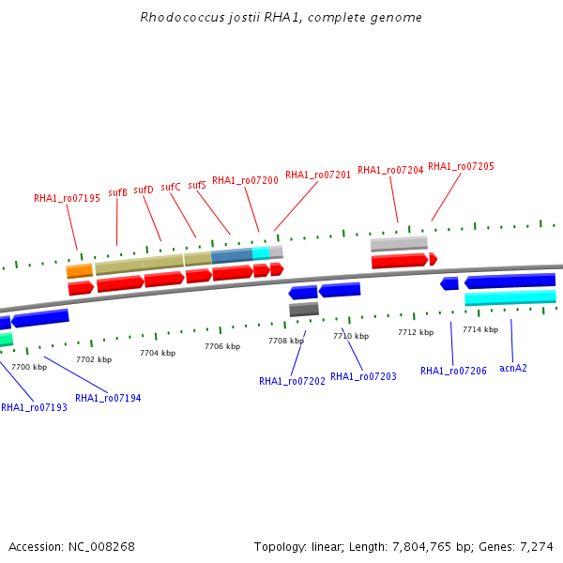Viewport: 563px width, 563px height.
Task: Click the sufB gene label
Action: (118, 192)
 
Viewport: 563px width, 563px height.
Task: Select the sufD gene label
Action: (144, 190)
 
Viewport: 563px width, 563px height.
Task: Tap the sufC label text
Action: (171, 187)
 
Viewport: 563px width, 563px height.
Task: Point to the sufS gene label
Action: (197, 185)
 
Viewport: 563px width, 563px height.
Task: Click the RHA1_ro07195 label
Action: (67, 199)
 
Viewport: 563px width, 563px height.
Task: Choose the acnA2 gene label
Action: (513, 368)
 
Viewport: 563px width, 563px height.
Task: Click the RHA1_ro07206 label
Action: (453, 371)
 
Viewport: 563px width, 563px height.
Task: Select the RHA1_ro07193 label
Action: (34, 407)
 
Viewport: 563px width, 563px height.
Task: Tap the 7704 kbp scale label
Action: (158, 354)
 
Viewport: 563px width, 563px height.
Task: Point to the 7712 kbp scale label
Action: (416, 332)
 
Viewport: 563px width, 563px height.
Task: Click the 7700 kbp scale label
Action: (29, 367)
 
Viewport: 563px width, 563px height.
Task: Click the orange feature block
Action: (80, 271)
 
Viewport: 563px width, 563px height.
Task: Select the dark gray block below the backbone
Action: (304, 310)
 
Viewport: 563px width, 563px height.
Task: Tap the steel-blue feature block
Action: (232, 256)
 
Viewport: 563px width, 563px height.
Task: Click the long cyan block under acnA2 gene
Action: (510, 298)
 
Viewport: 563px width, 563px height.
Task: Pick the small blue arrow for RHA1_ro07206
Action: (449, 283)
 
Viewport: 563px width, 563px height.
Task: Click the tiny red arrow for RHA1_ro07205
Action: (434, 259)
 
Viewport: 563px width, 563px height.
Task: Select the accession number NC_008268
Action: (101, 546)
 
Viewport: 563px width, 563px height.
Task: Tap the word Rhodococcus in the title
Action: (182, 17)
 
